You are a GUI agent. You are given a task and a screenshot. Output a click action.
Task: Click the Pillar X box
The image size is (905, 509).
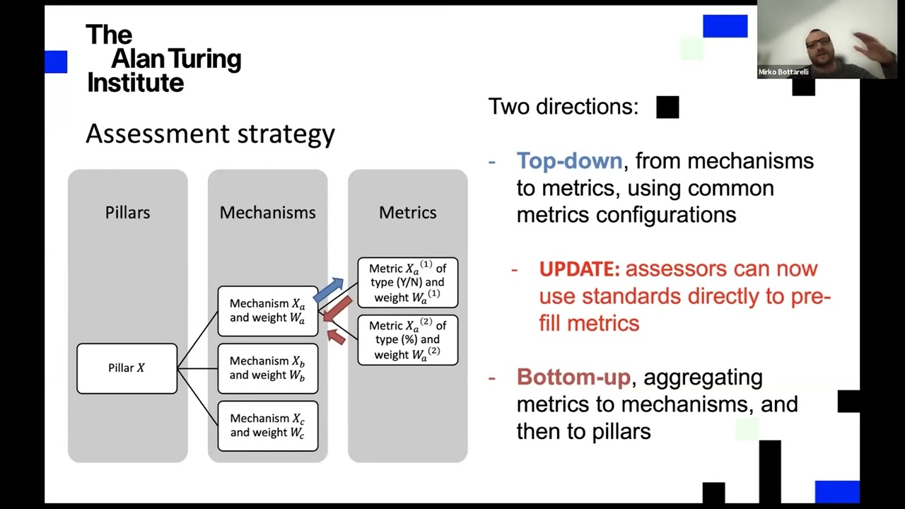coord(127,368)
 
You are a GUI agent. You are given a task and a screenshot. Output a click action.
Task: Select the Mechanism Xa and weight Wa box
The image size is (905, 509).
coord(267,311)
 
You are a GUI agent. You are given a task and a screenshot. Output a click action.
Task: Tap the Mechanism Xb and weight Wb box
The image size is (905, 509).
coord(267,368)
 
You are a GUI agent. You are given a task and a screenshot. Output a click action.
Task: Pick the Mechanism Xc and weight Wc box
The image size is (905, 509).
coord(267,426)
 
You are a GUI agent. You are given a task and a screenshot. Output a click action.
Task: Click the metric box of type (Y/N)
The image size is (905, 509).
coord(407,283)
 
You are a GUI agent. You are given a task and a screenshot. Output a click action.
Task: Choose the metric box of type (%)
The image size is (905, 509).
coord(407,340)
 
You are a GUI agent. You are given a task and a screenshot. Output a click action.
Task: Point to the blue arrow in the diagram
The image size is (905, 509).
coord(329,288)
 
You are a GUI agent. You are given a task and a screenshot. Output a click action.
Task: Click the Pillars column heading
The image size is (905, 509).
coord(127,213)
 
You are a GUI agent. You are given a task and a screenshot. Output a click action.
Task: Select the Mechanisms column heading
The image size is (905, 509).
coord(267,213)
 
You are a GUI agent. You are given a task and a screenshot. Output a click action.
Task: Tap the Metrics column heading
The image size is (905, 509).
coord(407,213)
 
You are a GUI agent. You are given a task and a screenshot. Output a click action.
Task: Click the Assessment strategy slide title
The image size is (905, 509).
coord(210,134)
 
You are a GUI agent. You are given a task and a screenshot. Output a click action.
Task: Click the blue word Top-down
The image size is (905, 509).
coord(568,161)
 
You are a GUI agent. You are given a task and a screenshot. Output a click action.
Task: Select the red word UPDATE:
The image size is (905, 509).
coord(579,269)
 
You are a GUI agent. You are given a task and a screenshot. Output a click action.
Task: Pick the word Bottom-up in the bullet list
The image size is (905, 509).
coord(573,378)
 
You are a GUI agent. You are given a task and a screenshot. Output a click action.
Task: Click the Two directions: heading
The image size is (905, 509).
coord(563,107)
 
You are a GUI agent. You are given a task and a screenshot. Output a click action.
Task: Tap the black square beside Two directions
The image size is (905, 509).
coord(667,107)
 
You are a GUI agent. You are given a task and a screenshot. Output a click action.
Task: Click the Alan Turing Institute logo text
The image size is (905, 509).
coord(163,59)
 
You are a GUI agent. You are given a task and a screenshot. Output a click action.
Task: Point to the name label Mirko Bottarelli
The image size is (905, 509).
coord(783,72)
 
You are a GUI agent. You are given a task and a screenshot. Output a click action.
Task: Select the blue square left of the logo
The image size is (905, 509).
coord(56,62)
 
